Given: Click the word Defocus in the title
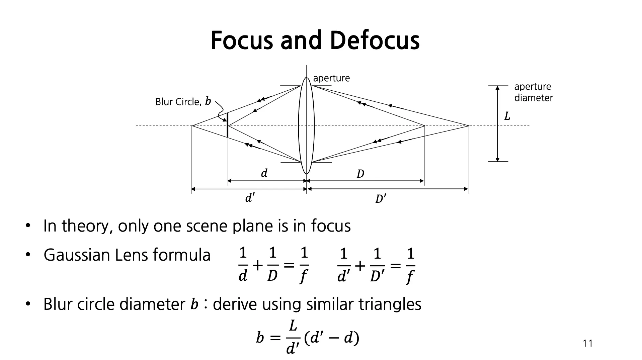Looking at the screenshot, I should point(375,40).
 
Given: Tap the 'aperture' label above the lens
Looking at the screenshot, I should point(331,78).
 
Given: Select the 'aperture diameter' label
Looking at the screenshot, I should point(533,92).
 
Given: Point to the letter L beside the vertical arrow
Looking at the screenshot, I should point(507,116).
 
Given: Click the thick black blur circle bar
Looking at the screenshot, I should point(228,125).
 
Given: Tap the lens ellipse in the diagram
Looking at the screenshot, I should point(306,126).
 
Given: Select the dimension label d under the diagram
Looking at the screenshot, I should point(264,173).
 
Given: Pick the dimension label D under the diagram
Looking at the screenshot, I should point(360,174).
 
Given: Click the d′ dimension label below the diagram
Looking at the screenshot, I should point(250,198).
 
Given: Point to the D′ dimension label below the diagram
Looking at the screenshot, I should point(381,199).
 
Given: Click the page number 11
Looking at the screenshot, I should point(587,344).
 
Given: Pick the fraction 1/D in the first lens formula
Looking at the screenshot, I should point(273,265).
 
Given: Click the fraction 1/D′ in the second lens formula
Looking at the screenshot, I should point(377,265).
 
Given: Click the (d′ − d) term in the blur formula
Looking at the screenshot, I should point(332,338).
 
